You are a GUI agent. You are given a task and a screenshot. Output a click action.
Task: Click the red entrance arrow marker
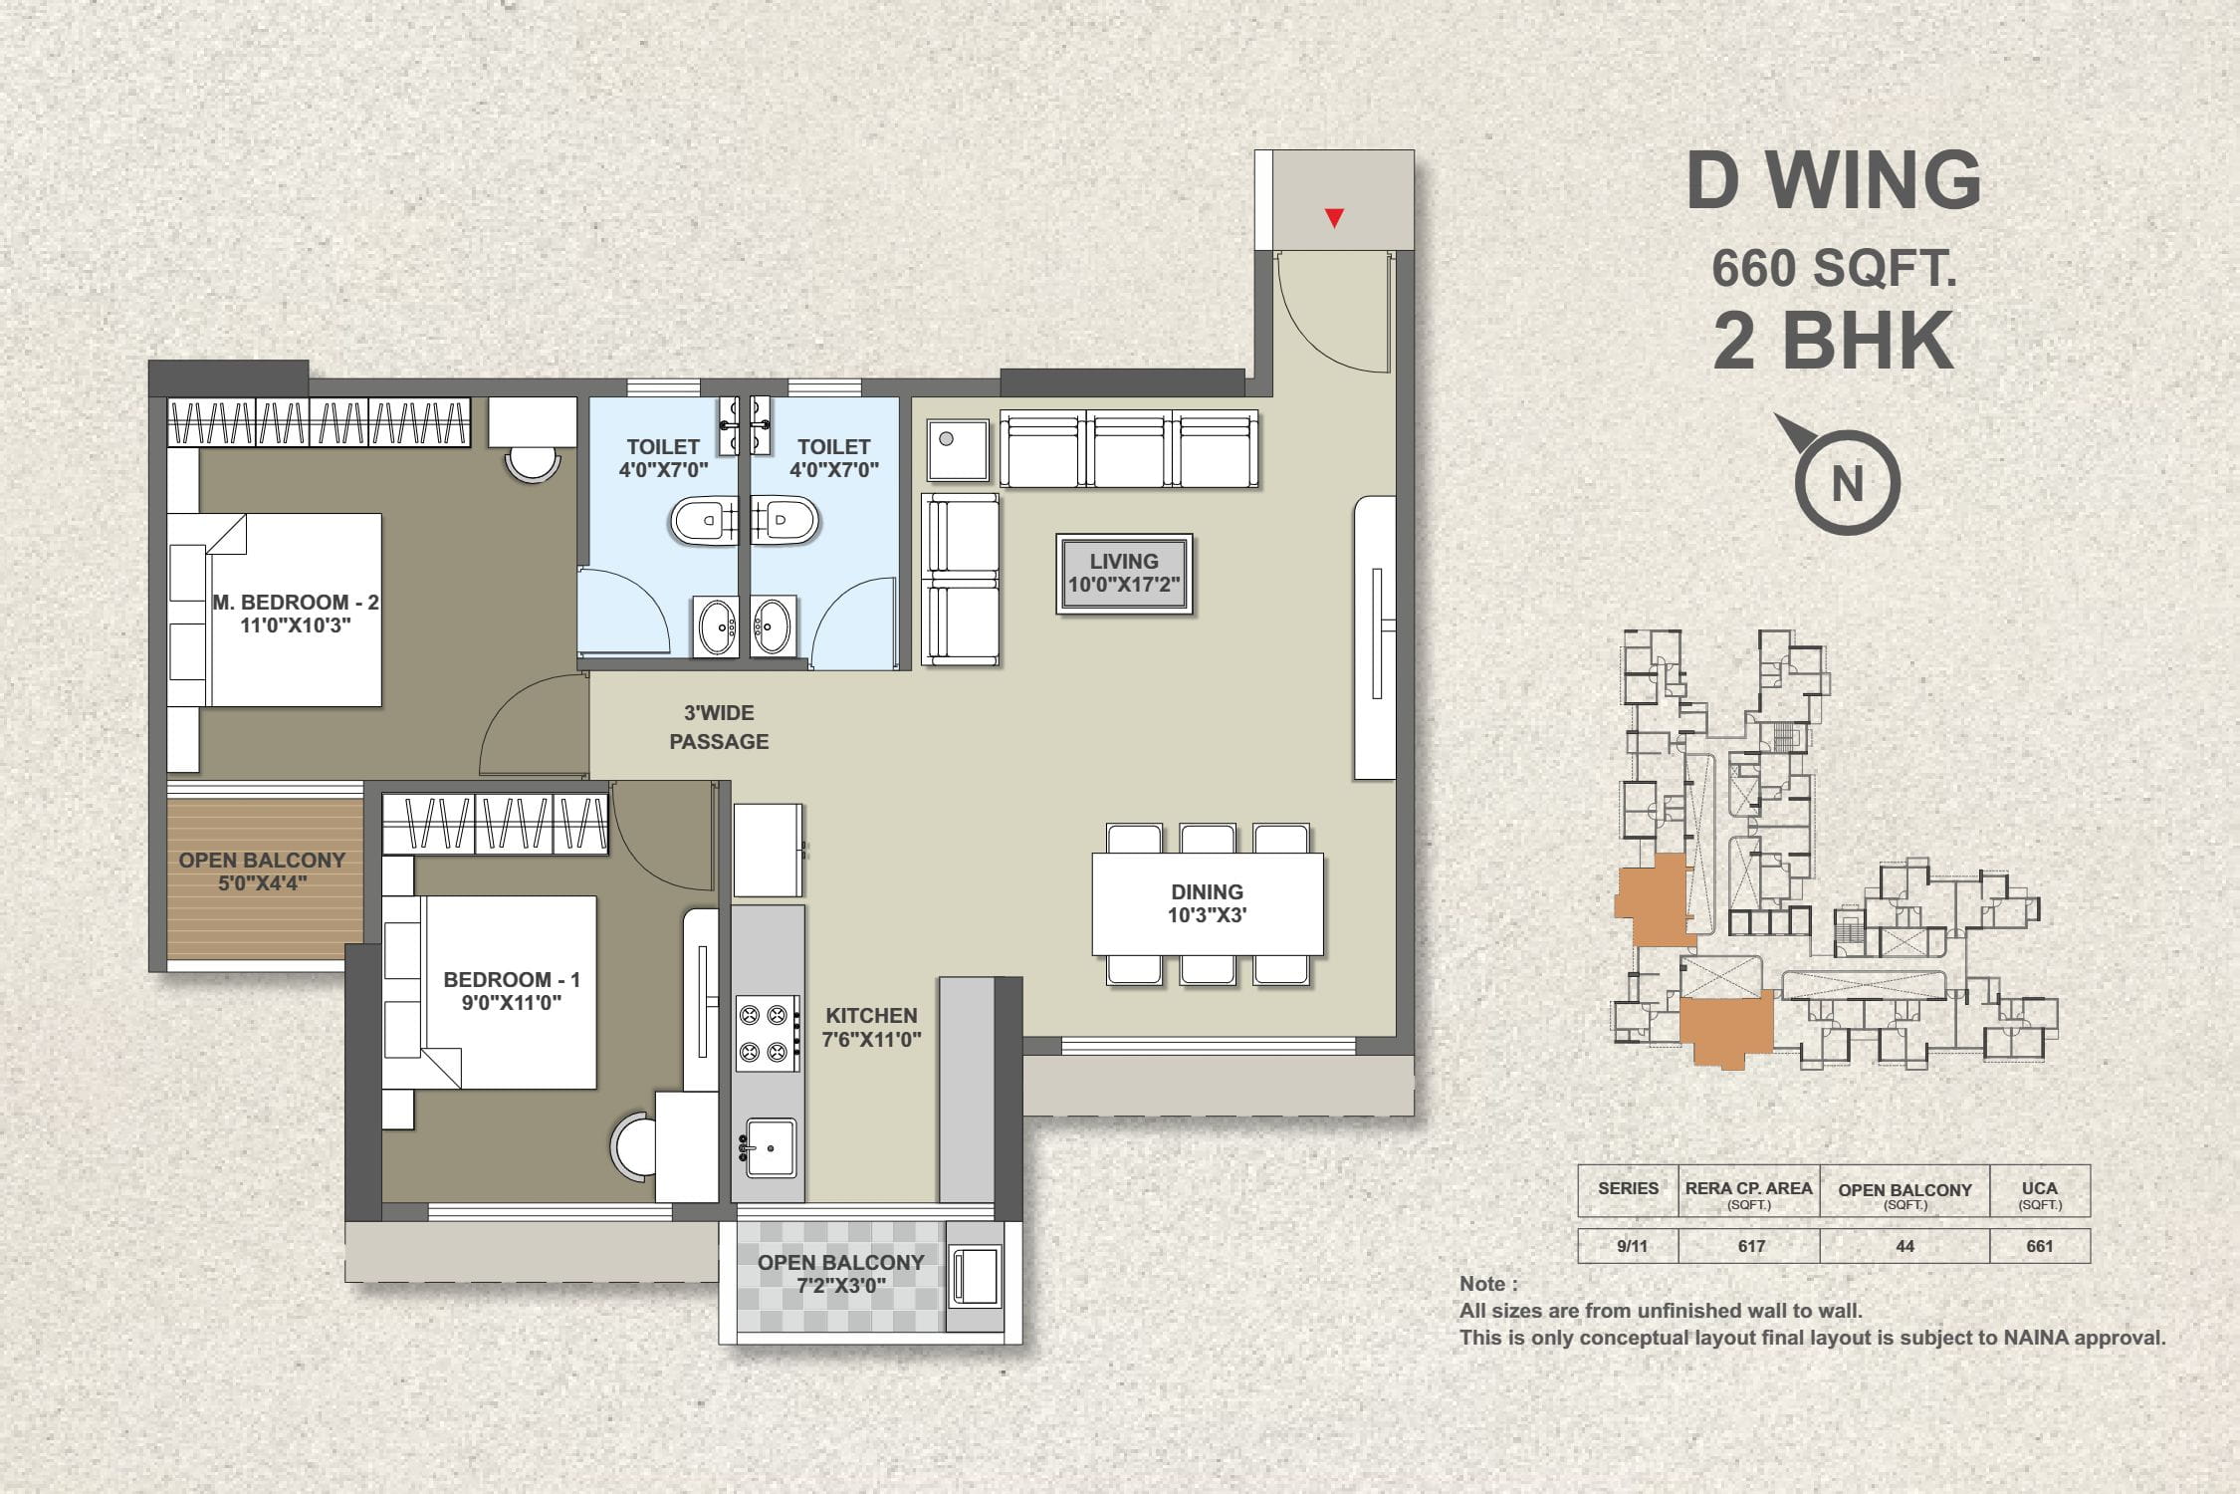[1334, 218]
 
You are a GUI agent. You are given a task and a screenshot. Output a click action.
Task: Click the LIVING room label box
[1124, 574]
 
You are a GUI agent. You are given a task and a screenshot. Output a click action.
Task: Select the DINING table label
[1207, 903]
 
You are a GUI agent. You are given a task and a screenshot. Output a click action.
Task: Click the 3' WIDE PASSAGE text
[719, 727]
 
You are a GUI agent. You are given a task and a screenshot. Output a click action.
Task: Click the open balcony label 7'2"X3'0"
[841, 1274]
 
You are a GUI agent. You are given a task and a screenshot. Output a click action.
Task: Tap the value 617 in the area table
[1751, 1246]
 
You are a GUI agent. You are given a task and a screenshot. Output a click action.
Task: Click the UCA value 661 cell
[2040, 1246]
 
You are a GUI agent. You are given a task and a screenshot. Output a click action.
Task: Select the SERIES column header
[1629, 1188]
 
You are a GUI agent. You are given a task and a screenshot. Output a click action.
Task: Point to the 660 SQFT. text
[1834, 268]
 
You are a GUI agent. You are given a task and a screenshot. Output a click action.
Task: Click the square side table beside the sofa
[958, 450]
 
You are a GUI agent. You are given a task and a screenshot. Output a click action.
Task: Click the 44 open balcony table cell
[1904, 1246]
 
